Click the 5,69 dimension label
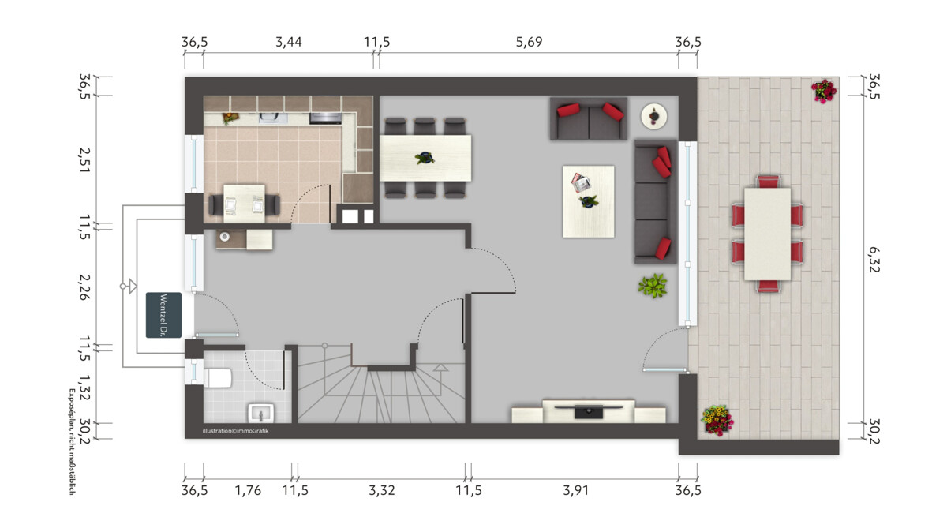[529, 42]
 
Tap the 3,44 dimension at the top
[289, 42]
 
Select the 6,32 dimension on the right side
[874, 259]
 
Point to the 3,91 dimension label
[575, 490]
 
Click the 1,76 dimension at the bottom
[248, 490]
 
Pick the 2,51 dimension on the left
[84, 160]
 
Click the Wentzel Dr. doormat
[163, 315]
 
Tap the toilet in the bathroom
[218, 377]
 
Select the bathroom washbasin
[261, 413]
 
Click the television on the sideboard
[589, 410]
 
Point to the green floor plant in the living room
[653, 286]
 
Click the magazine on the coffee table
[581, 182]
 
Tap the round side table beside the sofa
[654, 116]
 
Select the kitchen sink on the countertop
[271, 117]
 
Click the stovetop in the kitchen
[325, 118]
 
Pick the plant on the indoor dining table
[425, 158]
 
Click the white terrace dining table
[767, 234]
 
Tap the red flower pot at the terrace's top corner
[824, 91]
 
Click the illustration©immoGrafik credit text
[235, 431]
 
